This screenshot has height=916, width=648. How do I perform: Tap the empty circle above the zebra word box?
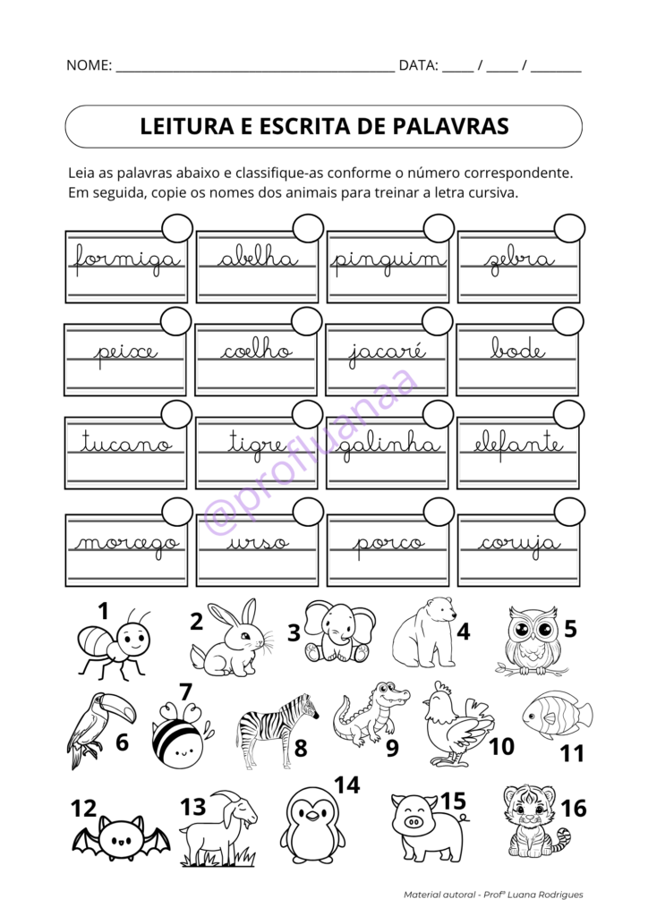coord(570,228)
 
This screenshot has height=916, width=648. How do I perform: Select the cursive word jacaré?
coord(387,352)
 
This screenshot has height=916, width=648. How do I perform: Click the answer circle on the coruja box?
coord(569,513)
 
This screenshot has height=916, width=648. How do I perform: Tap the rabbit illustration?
coord(230,639)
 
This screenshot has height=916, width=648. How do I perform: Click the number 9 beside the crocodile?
coord(392,748)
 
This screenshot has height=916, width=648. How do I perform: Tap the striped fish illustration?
coord(557,715)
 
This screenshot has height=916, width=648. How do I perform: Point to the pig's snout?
coord(413,822)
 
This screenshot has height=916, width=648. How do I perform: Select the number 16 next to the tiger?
coord(573,808)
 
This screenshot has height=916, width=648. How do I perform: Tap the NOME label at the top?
coord(89,64)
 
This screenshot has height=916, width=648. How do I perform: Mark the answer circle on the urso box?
coord(308,513)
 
